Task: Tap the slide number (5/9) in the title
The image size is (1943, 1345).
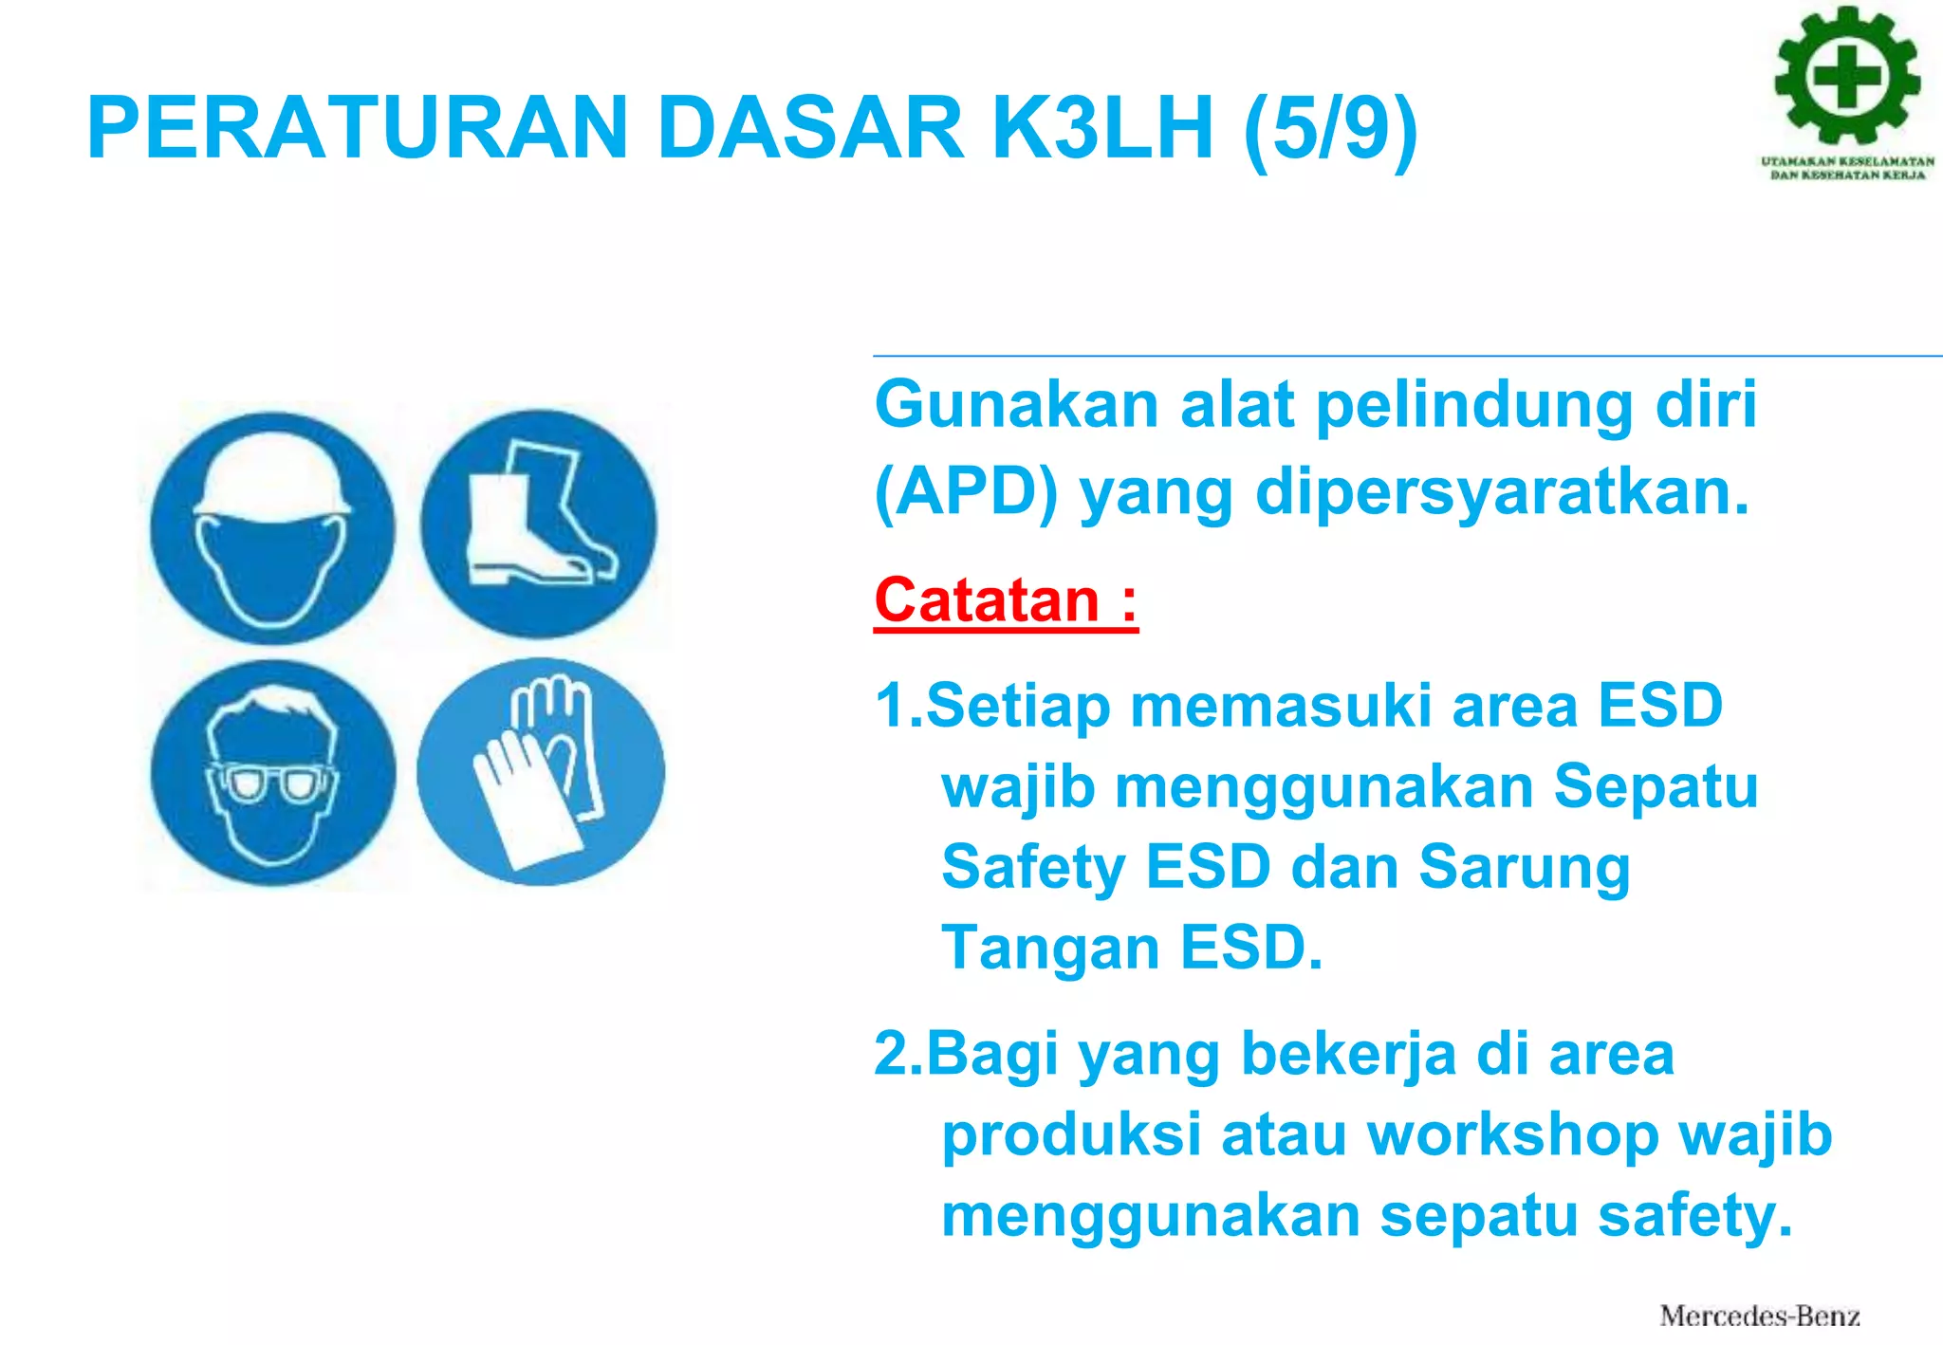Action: [1330, 130]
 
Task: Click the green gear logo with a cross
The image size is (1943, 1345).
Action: [1847, 76]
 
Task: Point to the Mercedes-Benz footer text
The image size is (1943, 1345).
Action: [1759, 1316]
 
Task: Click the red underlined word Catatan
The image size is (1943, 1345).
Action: [987, 600]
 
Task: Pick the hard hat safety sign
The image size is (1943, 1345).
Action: [272, 528]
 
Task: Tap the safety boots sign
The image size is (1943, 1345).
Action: [539, 524]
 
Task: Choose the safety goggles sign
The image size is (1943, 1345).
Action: [273, 773]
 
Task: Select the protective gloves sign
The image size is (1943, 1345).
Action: [541, 772]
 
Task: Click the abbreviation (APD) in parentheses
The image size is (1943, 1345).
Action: [966, 492]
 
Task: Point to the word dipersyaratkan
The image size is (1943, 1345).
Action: [1502, 492]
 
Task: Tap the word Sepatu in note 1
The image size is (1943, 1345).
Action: [1655, 787]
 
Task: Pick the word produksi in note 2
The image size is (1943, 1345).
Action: [1071, 1136]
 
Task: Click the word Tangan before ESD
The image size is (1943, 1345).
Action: [1050, 948]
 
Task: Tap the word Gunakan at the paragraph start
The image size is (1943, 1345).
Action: [1016, 406]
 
